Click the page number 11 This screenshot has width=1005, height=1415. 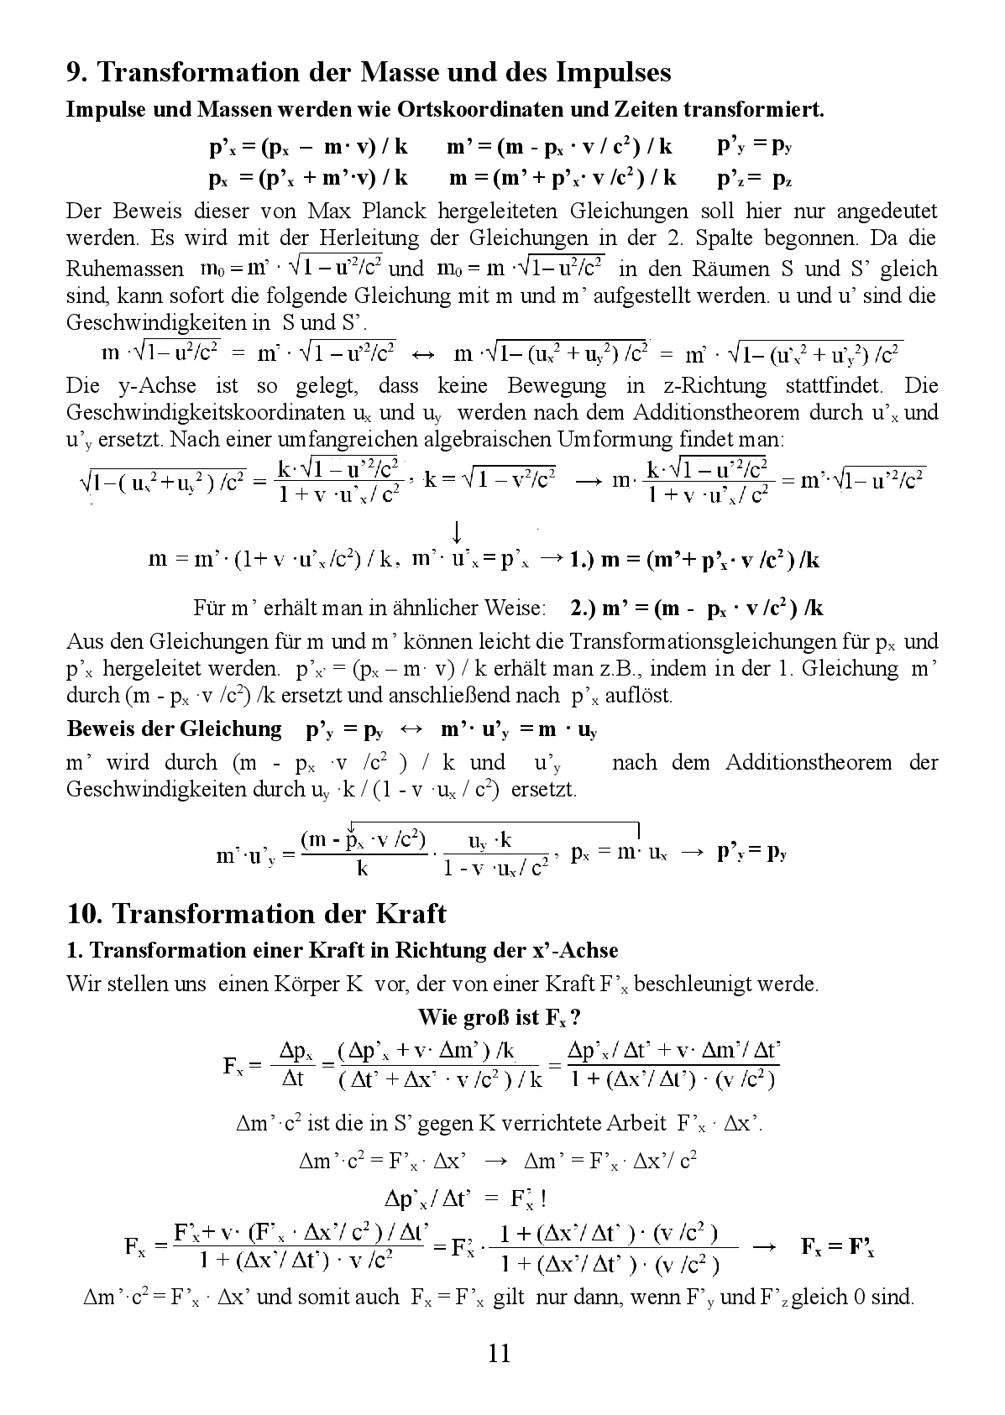tap(498, 1353)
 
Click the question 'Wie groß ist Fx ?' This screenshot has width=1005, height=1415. tap(500, 1017)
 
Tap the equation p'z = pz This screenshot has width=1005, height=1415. tap(754, 178)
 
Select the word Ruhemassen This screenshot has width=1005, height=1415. tap(125, 269)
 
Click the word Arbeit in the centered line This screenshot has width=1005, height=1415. tap(625, 1123)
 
